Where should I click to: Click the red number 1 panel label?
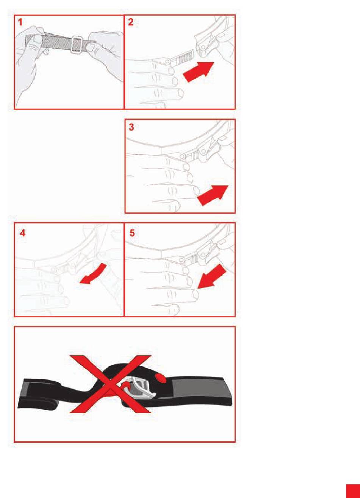pyautogui.click(x=20, y=22)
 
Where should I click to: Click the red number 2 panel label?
pyautogui.click(x=131, y=22)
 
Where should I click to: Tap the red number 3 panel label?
pyautogui.click(x=131, y=127)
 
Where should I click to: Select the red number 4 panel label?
pyautogui.click(x=23, y=233)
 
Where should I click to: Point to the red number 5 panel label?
pyautogui.click(x=132, y=233)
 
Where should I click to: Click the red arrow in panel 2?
pyautogui.click(x=198, y=72)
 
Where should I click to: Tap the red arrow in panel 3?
pyautogui.click(x=213, y=195)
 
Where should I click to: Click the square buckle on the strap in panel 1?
pyautogui.click(x=77, y=44)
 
